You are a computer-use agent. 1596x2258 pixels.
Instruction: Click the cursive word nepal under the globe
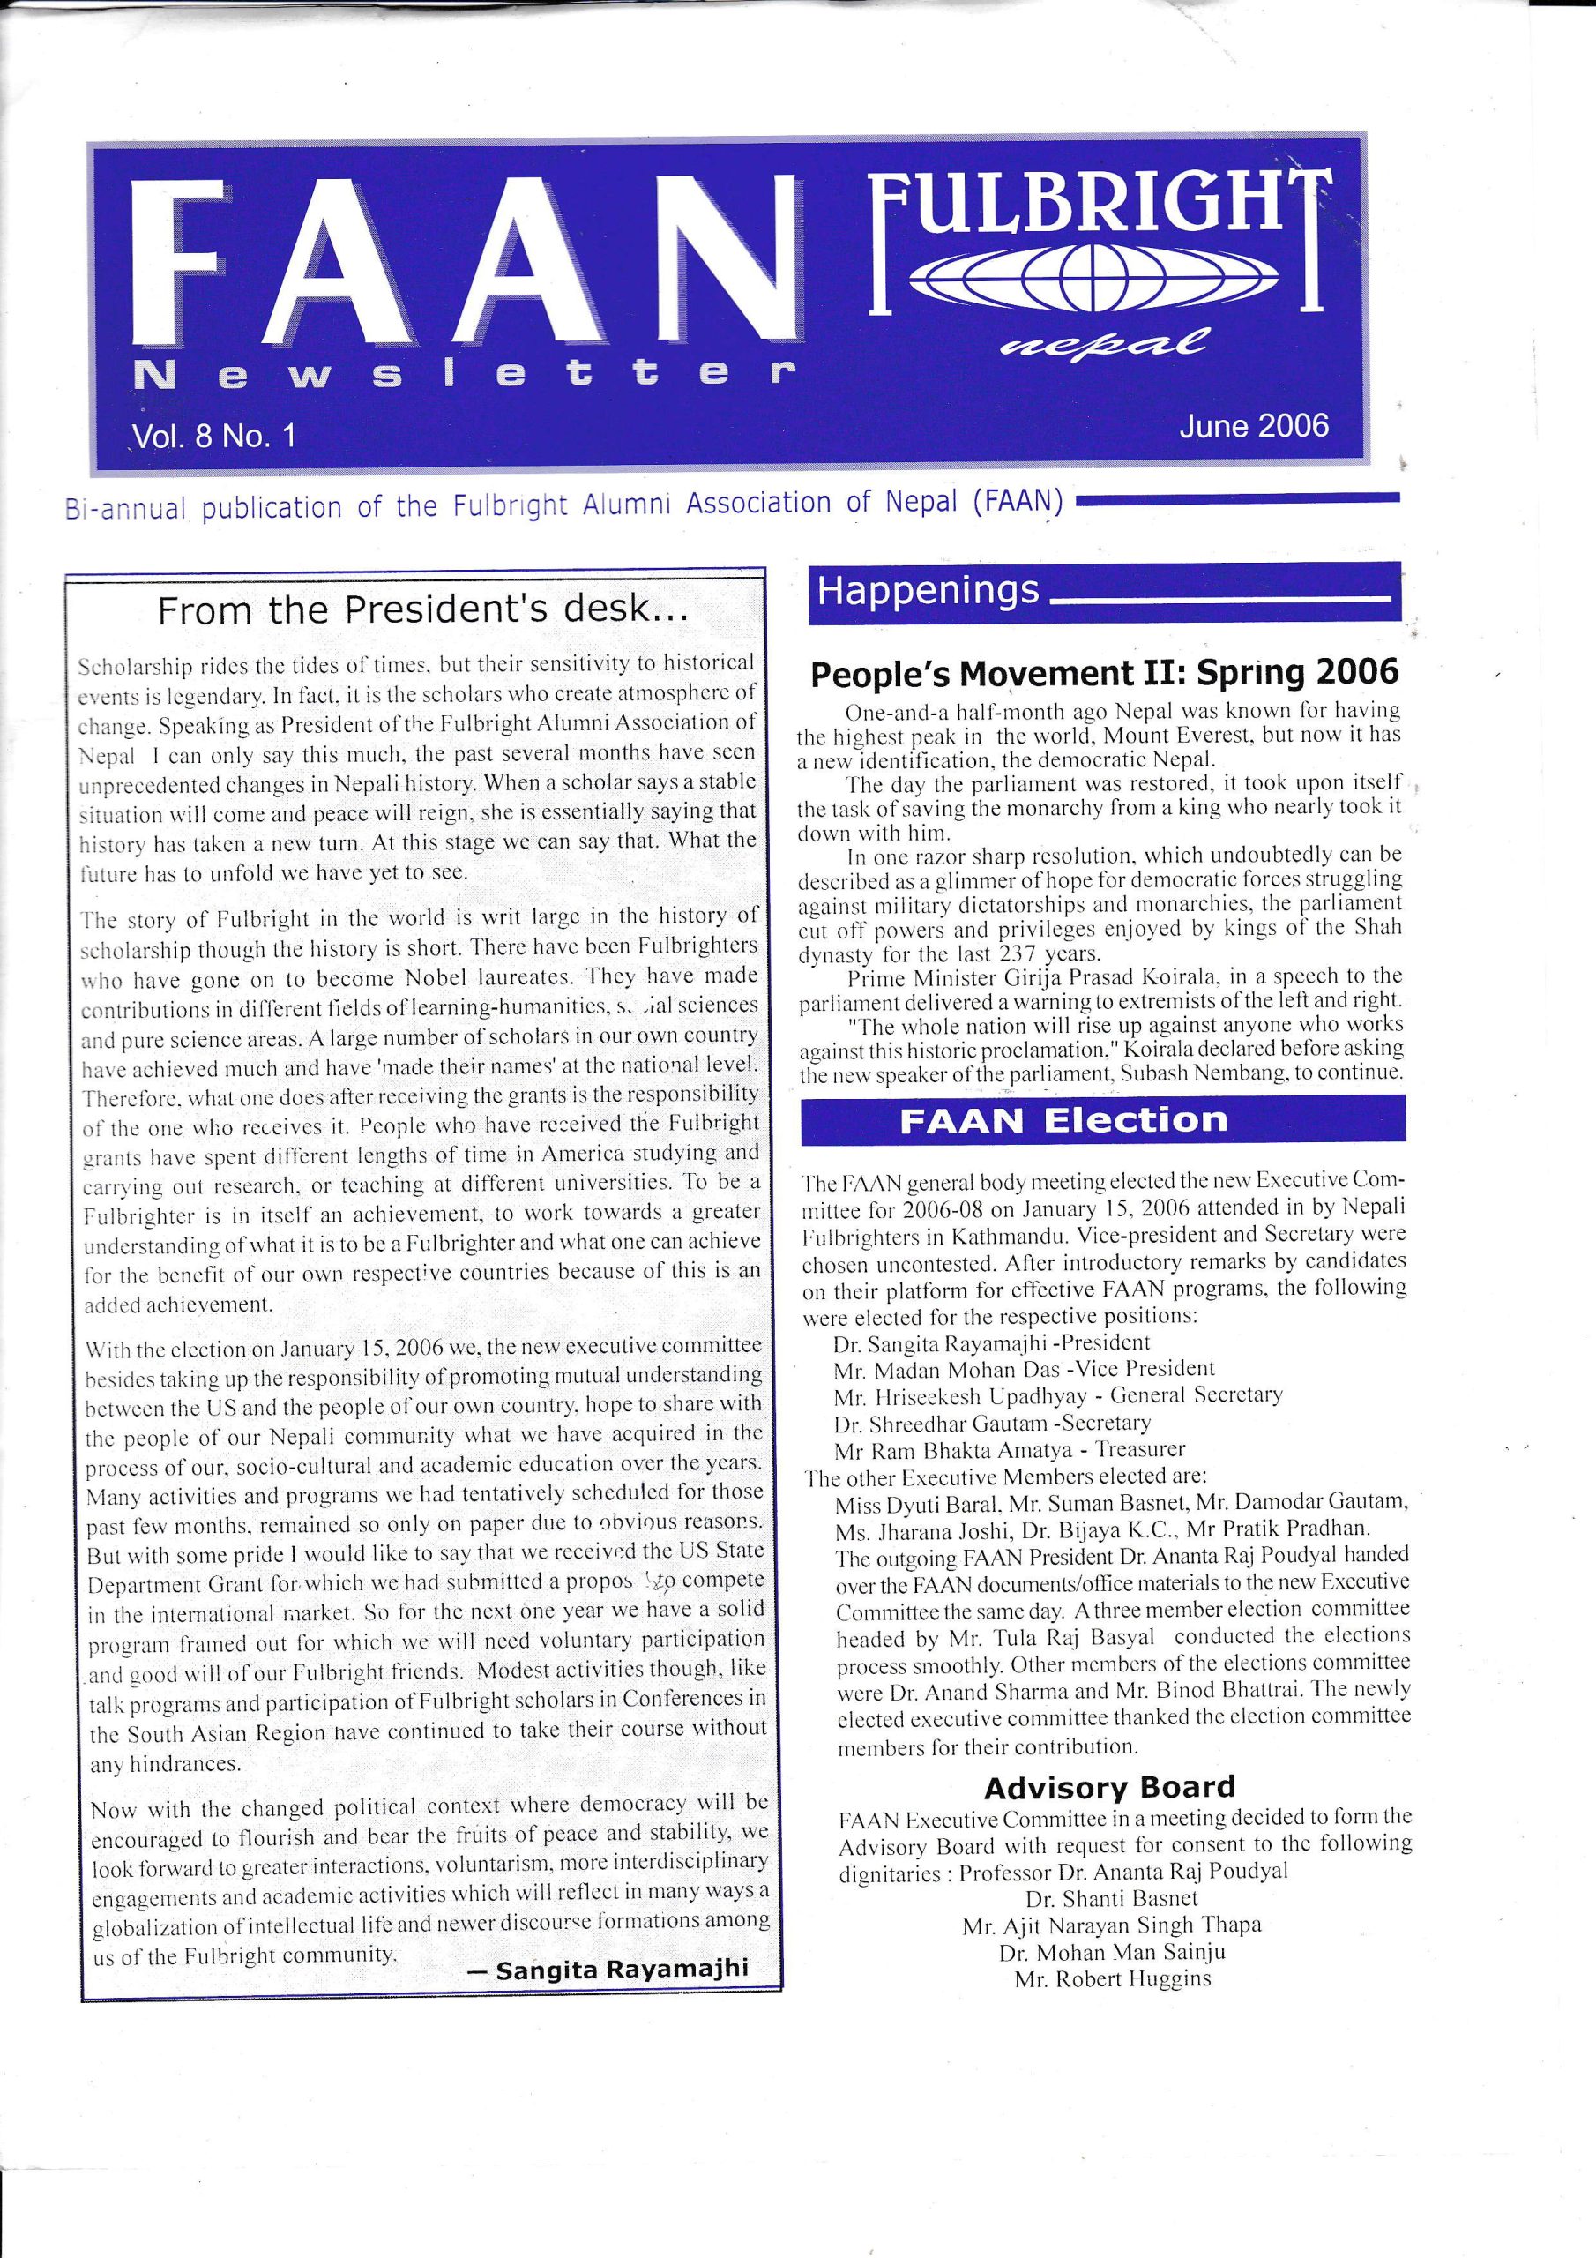click(x=1102, y=342)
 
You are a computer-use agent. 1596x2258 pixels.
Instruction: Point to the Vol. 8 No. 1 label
click(x=214, y=437)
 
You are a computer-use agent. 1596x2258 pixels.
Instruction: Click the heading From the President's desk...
click(x=423, y=612)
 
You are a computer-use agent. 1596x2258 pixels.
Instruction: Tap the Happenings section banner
click(x=928, y=591)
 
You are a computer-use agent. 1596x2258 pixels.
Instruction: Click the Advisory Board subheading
click(x=1109, y=1787)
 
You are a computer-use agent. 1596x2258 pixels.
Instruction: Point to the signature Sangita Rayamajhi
click(x=622, y=1969)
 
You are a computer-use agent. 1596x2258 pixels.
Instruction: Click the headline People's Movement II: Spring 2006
click(x=1103, y=674)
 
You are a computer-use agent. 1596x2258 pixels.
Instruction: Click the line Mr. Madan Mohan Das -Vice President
click(x=1024, y=1368)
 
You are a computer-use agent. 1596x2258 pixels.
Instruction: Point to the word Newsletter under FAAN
click(x=462, y=375)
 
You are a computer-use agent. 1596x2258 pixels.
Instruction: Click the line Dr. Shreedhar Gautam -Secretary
click(x=991, y=1422)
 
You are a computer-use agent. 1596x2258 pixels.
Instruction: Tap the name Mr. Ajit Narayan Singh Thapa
click(x=1111, y=1925)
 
